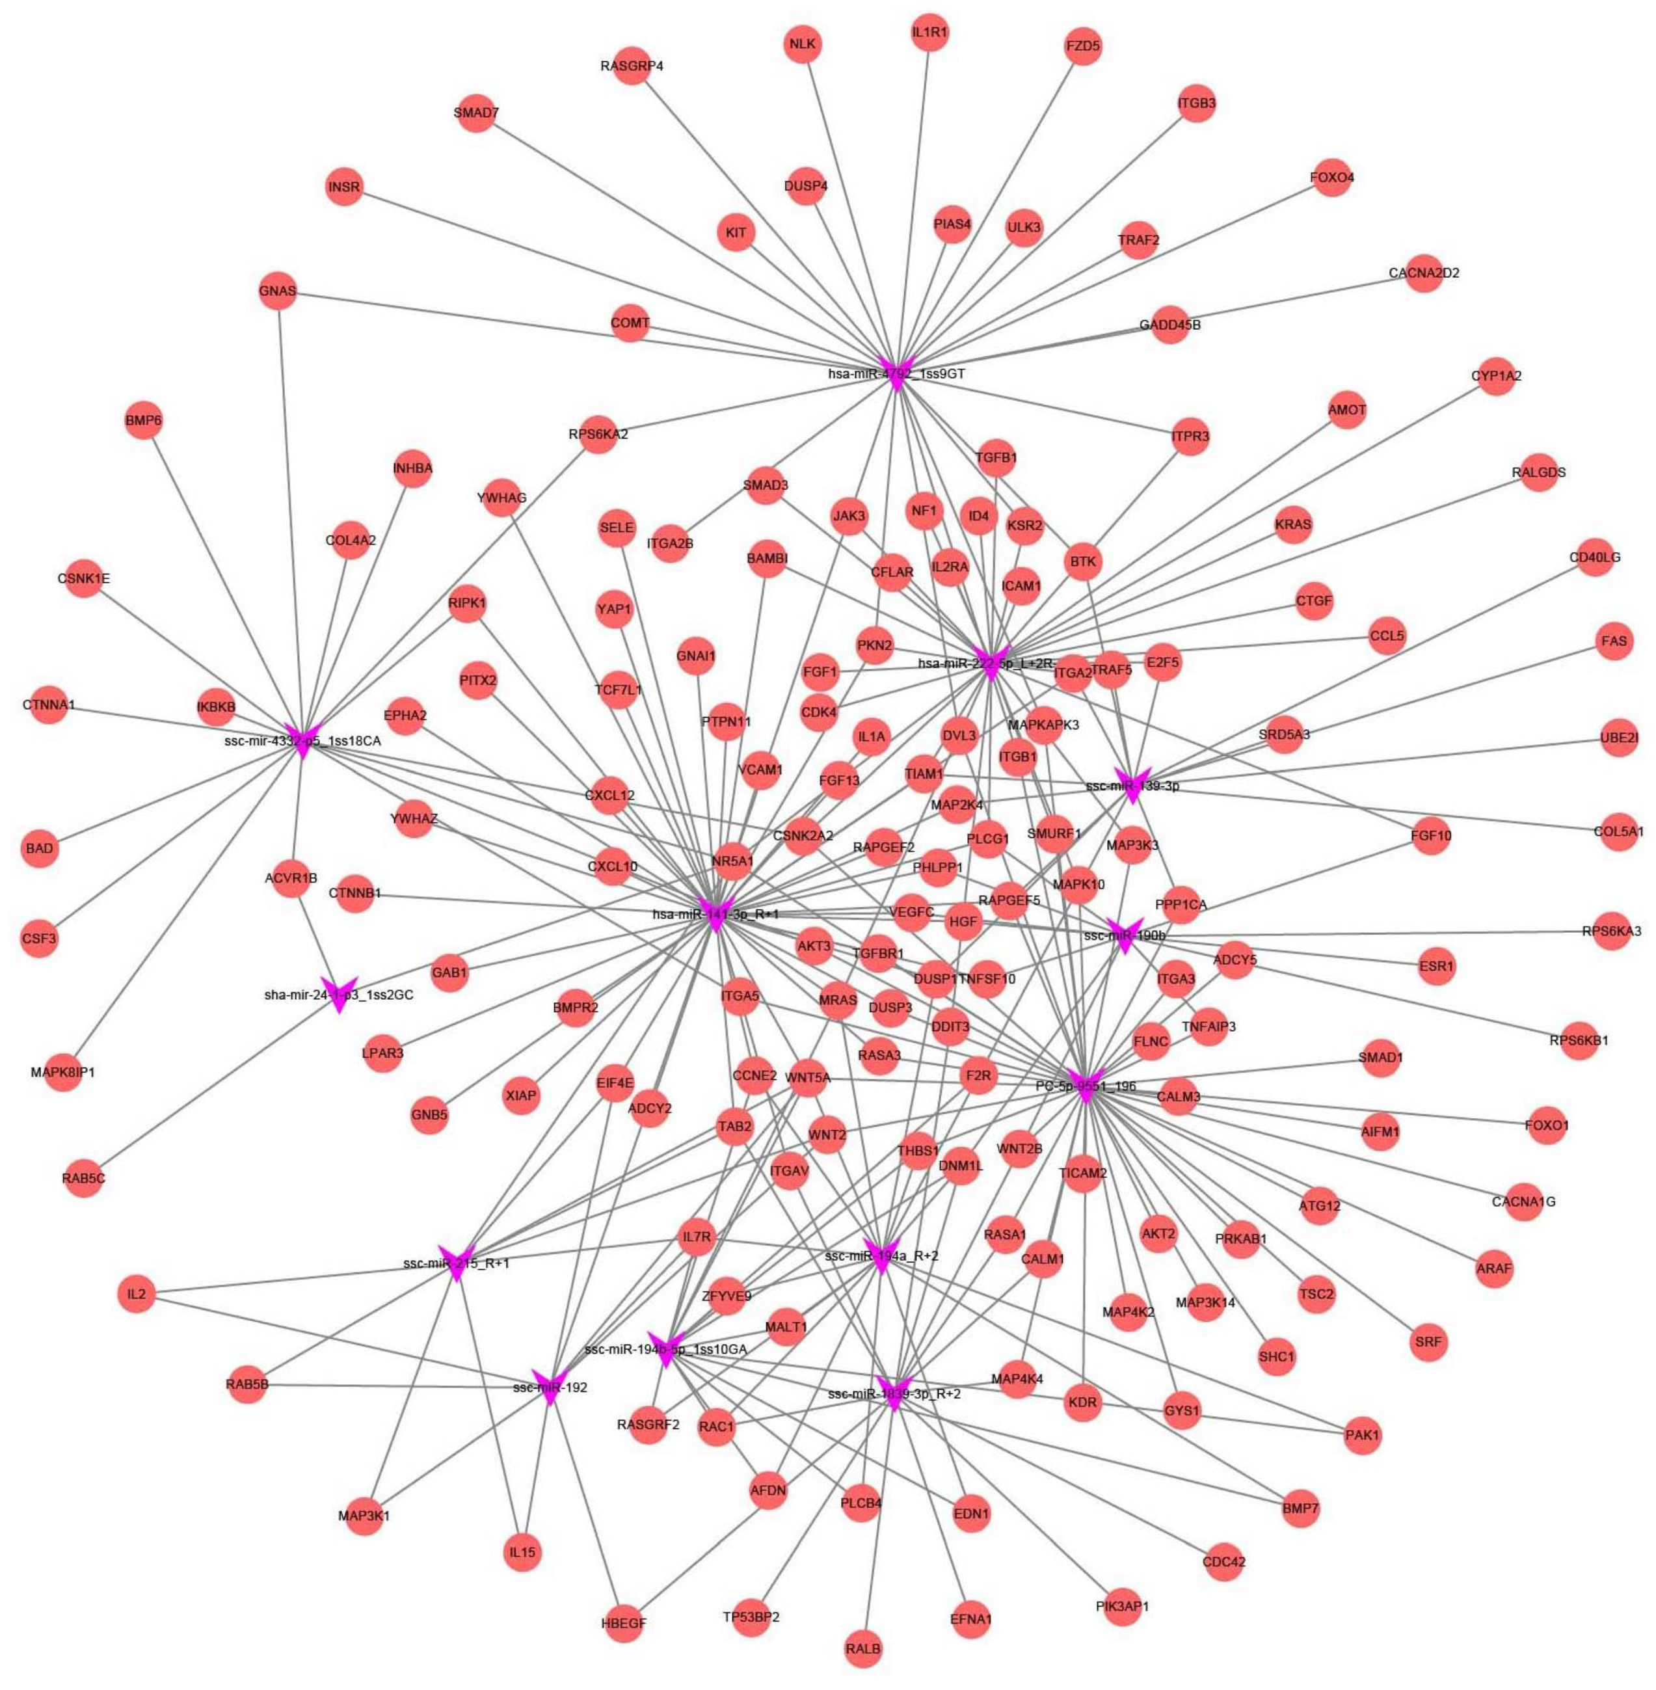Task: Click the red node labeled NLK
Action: coord(802,44)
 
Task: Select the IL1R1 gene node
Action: coord(929,34)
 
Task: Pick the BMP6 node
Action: coord(144,421)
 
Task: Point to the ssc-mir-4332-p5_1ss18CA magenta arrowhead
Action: coord(302,740)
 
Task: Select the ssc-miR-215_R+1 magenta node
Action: coord(457,1262)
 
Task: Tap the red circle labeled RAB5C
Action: coord(83,1179)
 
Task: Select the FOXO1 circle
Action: coord(1547,1125)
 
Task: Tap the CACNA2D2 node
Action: coord(1424,273)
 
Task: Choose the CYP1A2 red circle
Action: coord(1496,377)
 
